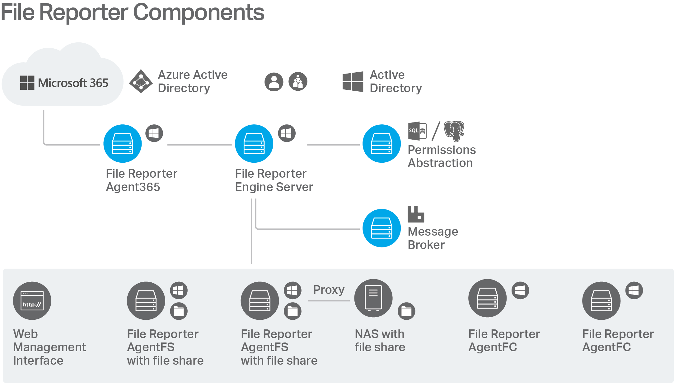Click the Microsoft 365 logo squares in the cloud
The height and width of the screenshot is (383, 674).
27,83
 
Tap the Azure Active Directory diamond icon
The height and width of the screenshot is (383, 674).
141,81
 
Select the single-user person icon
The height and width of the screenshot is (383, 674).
274,82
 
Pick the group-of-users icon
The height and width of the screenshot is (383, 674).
298,82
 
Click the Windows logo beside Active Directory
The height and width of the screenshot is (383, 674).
353,82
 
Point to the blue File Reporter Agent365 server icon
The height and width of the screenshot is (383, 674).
123,144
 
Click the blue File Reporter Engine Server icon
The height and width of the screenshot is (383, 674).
254,144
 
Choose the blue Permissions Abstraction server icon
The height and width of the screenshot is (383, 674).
382,144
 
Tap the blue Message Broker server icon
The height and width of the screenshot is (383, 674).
382,228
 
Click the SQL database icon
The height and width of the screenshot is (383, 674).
417,131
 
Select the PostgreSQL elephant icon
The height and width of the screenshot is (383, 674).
454,131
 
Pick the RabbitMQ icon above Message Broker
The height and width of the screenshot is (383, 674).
416,214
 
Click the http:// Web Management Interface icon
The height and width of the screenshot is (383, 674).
32,301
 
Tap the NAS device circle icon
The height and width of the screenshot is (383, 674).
373,298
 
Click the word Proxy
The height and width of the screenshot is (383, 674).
329,290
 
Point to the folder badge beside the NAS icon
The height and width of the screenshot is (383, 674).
406,311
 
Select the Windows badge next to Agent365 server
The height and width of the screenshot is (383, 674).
154,133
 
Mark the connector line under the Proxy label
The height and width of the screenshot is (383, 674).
329,301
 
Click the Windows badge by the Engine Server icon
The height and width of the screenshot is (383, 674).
287,133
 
